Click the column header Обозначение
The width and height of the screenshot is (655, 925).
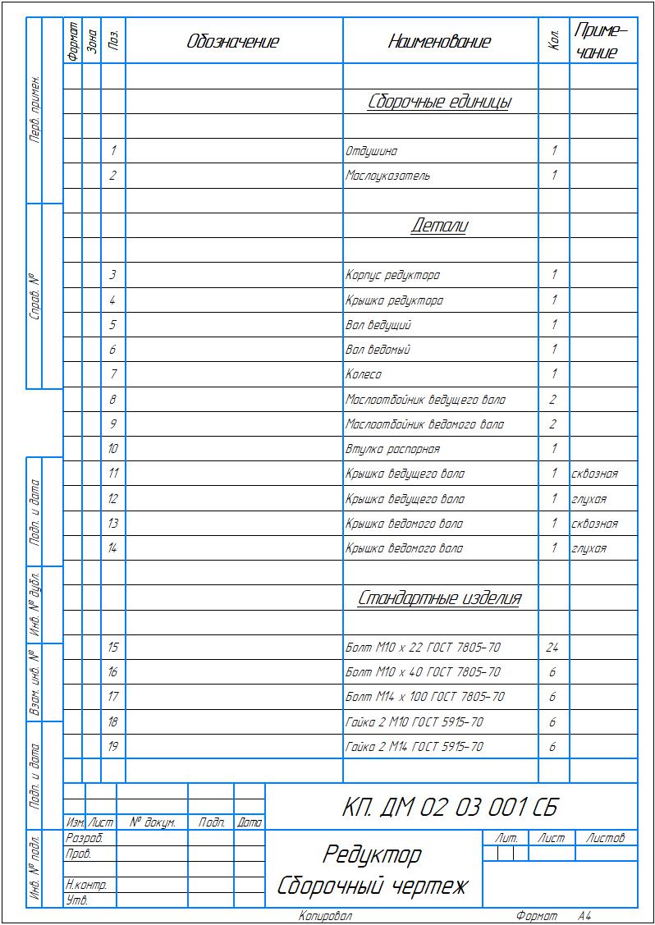[x=233, y=42]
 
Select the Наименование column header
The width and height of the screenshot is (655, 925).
[x=439, y=42]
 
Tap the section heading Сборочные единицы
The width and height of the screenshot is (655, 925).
[x=439, y=103]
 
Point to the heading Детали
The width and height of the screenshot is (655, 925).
[x=439, y=226]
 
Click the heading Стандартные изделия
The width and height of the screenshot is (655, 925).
[x=439, y=598]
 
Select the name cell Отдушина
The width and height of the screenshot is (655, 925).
[x=372, y=152]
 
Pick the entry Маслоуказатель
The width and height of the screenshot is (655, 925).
[x=387, y=176]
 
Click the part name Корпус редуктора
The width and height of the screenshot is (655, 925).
[x=392, y=276]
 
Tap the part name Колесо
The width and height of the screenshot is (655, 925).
[x=364, y=375]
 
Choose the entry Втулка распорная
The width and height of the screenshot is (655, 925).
[x=392, y=450]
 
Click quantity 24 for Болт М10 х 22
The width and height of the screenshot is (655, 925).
[x=552, y=648]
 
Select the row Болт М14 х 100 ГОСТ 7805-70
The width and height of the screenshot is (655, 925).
[x=425, y=698]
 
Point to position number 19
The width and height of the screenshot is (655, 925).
[x=112, y=747]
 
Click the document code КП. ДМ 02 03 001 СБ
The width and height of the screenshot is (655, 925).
[x=450, y=808]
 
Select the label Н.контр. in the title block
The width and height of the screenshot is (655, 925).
[x=85, y=886]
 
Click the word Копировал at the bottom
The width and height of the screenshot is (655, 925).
[x=325, y=916]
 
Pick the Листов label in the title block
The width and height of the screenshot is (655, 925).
[x=606, y=838]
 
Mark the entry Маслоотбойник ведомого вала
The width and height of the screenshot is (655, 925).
[x=424, y=425]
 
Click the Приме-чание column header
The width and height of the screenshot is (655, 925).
[x=602, y=42]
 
